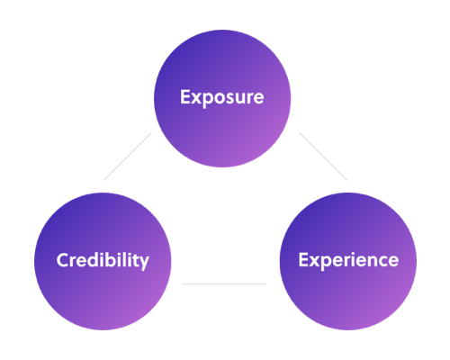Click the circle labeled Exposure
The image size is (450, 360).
point(222,98)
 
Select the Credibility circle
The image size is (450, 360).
point(103,261)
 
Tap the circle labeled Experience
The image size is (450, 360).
point(348,261)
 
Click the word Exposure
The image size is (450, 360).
point(222,97)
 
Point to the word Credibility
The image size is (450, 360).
point(103,260)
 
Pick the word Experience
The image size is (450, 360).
point(348,260)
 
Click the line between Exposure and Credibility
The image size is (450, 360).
point(128,157)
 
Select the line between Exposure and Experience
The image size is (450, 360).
point(323,157)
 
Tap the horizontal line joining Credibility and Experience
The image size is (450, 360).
point(224,283)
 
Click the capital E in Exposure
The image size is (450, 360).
point(184,97)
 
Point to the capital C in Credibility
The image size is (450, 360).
point(63,260)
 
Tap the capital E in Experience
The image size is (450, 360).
point(303,260)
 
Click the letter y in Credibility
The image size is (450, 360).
point(143,263)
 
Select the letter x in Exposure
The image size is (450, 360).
point(195,99)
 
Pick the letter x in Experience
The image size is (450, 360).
point(314,262)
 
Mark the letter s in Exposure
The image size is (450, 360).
point(231,99)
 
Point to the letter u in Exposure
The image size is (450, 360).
point(242,99)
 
